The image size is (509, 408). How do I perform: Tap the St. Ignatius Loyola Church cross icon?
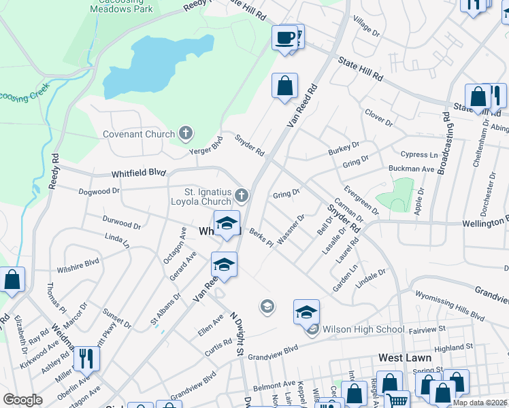(241, 197)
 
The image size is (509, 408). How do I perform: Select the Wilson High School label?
(363, 330)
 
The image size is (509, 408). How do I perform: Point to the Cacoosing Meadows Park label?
(122, 7)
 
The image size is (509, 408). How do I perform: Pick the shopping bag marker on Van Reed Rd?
(285, 86)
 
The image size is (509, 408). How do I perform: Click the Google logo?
(22, 400)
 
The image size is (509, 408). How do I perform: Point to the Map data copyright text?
(480, 403)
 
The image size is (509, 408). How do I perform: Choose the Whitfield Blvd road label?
(135, 173)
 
